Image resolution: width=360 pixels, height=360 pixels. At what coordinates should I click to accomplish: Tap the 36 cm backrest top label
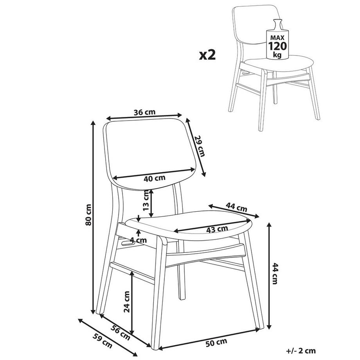tap(145, 112)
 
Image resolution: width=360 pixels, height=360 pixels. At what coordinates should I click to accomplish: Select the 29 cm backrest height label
tap(200, 146)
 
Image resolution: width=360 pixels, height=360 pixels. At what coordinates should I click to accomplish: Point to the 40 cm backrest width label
tap(155, 178)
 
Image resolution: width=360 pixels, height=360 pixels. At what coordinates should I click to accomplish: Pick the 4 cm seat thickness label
tap(138, 240)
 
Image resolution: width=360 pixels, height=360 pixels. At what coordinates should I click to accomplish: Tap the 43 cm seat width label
tap(217, 229)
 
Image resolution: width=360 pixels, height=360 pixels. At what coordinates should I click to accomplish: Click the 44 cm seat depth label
tap(236, 207)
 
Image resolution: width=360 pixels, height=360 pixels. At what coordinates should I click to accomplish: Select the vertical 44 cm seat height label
tap(275, 274)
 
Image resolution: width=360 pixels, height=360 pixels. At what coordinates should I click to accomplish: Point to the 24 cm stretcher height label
tap(127, 302)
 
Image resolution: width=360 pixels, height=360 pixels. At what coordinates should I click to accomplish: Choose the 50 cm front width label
tap(216, 342)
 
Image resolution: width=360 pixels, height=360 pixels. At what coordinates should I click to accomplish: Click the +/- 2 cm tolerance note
tap(301, 351)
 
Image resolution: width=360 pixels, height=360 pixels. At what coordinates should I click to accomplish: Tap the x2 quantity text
tap(207, 55)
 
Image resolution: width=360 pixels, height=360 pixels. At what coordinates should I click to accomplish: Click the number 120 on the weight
tap(277, 46)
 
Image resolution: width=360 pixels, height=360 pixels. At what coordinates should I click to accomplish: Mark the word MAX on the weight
tap(277, 38)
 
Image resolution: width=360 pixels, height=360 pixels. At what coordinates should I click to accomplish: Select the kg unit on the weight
tap(277, 55)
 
